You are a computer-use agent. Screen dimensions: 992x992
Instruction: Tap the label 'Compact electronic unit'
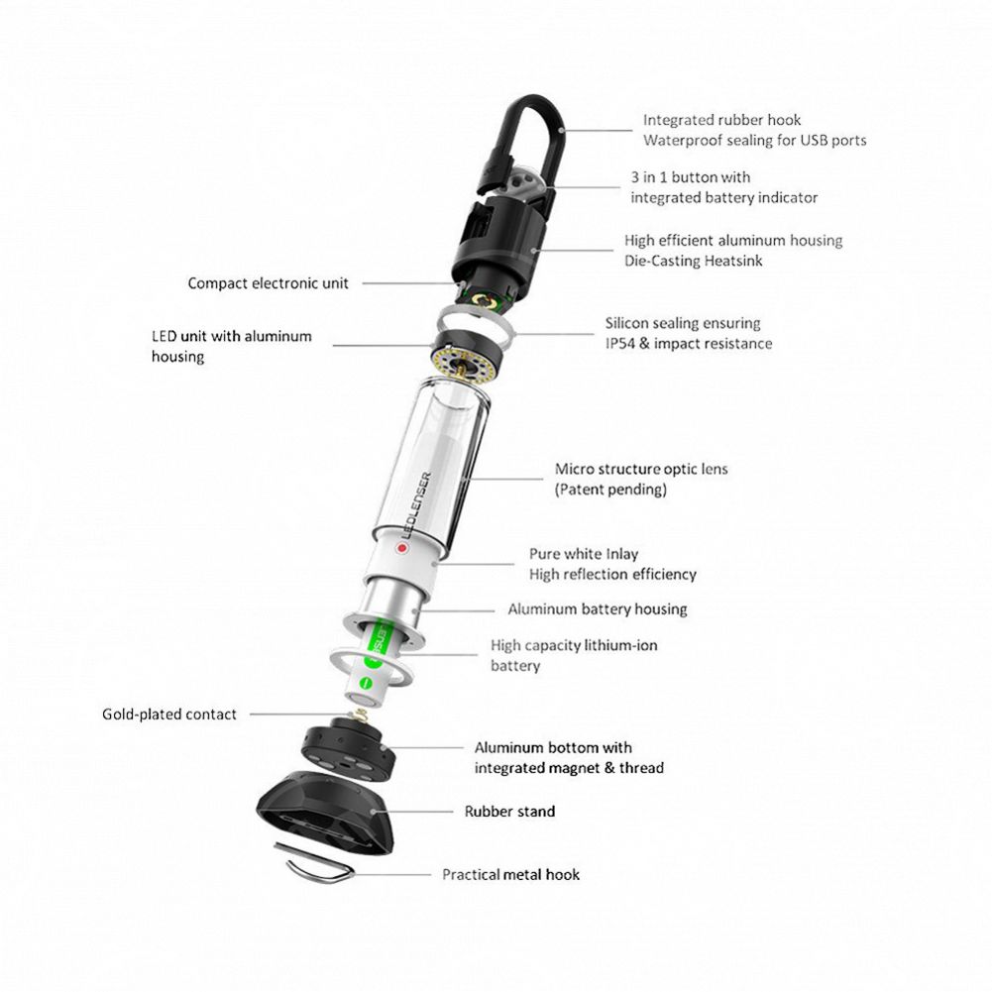click(269, 283)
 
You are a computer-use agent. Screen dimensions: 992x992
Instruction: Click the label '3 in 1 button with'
click(691, 177)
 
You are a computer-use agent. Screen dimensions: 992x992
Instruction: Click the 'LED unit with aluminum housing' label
click(231, 346)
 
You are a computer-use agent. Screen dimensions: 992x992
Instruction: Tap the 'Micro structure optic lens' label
click(641, 469)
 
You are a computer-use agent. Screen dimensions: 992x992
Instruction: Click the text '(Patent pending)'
click(610, 490)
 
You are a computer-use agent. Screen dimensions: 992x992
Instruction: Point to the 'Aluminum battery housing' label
click(598, 609)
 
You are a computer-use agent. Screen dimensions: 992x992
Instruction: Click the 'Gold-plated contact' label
click(169, 714)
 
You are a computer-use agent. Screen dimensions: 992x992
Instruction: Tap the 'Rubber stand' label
click(510, 812)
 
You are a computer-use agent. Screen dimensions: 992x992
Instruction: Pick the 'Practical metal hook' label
click(510, 874)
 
